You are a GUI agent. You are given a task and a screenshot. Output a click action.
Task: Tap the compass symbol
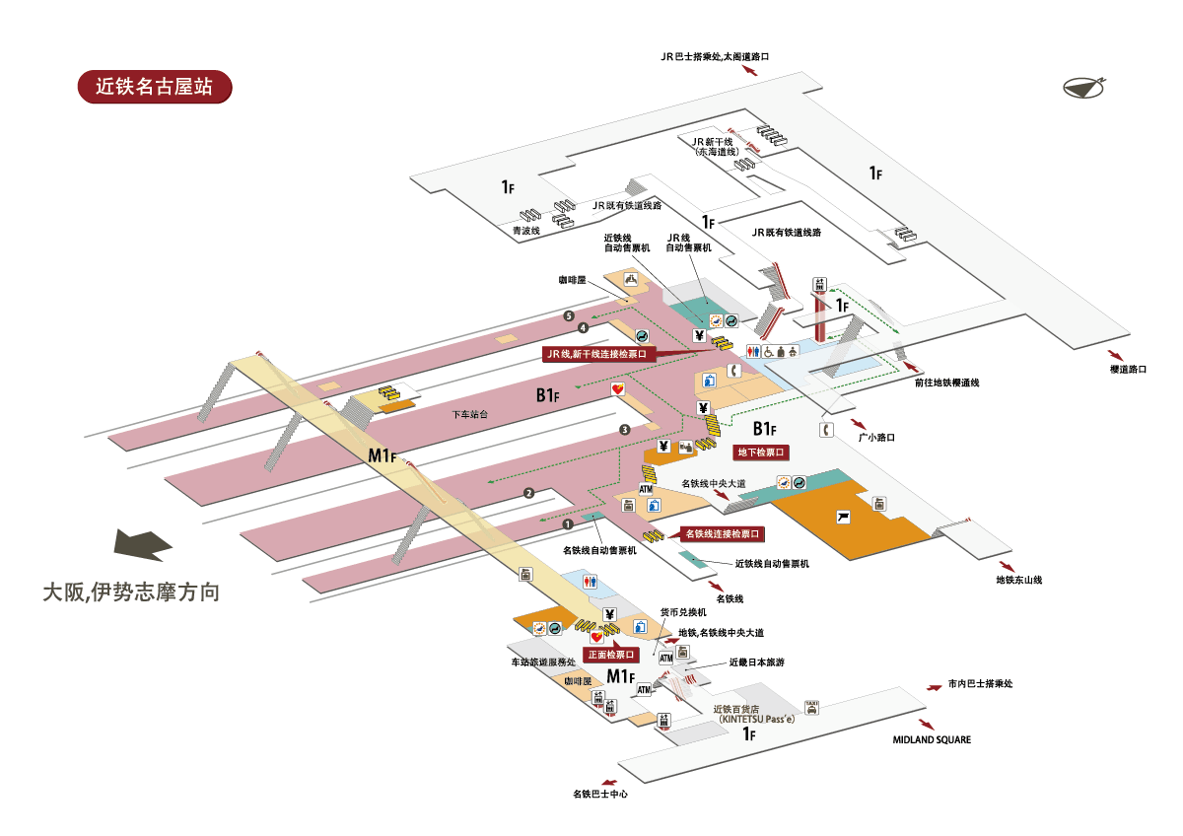tap(1084, 87)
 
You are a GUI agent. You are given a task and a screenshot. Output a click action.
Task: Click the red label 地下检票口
tap(762, 453)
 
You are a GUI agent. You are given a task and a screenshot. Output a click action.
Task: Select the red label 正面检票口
tap(611, 655)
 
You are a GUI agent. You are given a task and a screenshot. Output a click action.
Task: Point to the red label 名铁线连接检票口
tap(723, 533)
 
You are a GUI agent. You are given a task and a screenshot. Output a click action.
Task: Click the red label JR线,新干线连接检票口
tap(598, 352)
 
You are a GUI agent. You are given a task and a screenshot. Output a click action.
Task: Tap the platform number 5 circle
tap(569, 315)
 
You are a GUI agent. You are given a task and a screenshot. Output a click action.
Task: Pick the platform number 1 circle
tap(568, 522)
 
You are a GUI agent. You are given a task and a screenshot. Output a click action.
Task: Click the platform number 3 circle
tap(624, 429)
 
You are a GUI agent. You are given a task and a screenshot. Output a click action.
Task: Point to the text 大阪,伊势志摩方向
tap(130, 592)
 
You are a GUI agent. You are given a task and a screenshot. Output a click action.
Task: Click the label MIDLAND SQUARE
tap(932, 739)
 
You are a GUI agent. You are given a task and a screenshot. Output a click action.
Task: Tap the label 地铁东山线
tap(1018, 580)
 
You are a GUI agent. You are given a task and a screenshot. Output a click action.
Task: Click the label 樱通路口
tap(1128, 369)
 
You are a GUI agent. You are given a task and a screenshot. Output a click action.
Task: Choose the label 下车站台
tap(469, 415)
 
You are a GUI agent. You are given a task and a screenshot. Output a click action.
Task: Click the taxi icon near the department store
tap(811, 706)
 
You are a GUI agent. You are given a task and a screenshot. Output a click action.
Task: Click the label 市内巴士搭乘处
tap(980, 683)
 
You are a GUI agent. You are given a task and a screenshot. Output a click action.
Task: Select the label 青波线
tap(526, 231)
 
